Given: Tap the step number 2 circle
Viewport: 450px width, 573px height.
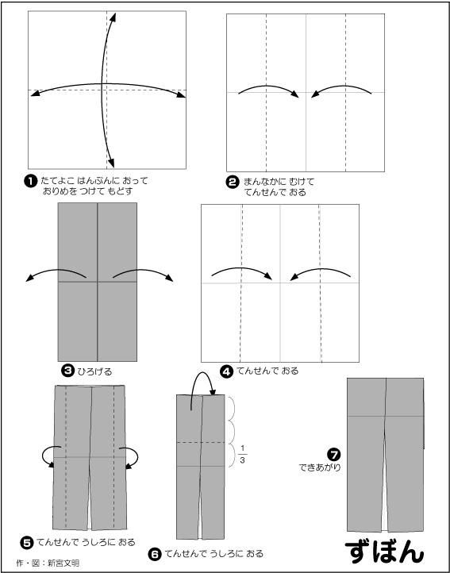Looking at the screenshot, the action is [232, 182].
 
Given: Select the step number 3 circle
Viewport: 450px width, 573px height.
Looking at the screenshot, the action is [67, 371].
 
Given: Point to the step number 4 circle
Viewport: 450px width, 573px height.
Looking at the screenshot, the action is [227, 371].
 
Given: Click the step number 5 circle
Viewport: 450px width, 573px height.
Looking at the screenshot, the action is [27, 542].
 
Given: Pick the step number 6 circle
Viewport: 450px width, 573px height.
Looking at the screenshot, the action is [154, 555].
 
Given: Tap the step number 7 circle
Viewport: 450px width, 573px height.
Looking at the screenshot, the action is [333, 455].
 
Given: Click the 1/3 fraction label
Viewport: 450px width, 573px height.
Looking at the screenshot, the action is [242, 454].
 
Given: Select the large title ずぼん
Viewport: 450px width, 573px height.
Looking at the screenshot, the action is [384, 551].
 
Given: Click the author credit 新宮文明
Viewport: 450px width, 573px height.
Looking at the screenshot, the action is [63, 563].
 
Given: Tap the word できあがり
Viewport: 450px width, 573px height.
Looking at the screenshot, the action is [320, 467].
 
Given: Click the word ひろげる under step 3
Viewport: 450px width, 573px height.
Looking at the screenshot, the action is [94, 371].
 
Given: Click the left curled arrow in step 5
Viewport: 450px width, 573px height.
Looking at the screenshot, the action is [44, 456].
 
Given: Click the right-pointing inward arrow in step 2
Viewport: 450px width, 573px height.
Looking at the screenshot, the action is [268, 87].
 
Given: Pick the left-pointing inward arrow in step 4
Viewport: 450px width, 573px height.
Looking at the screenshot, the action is [320, 269].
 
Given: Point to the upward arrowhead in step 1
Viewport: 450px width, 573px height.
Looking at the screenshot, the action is [113, 17].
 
